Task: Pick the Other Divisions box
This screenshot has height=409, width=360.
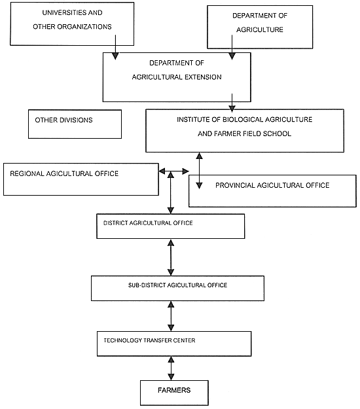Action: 74,124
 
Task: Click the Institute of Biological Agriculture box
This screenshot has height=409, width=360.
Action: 243,130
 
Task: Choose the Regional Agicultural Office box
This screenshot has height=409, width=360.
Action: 81,179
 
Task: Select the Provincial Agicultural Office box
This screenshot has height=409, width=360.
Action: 272,190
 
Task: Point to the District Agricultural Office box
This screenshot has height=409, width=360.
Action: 170,226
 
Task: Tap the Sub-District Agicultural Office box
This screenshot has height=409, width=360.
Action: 177,287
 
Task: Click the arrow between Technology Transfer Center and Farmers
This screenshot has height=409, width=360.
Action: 171,368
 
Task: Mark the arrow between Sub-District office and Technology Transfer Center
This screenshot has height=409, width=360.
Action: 171,315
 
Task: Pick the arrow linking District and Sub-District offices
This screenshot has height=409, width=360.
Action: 171,257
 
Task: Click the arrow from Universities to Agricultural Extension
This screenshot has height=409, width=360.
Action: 115,46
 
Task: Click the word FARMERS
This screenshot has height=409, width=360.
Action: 174,391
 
